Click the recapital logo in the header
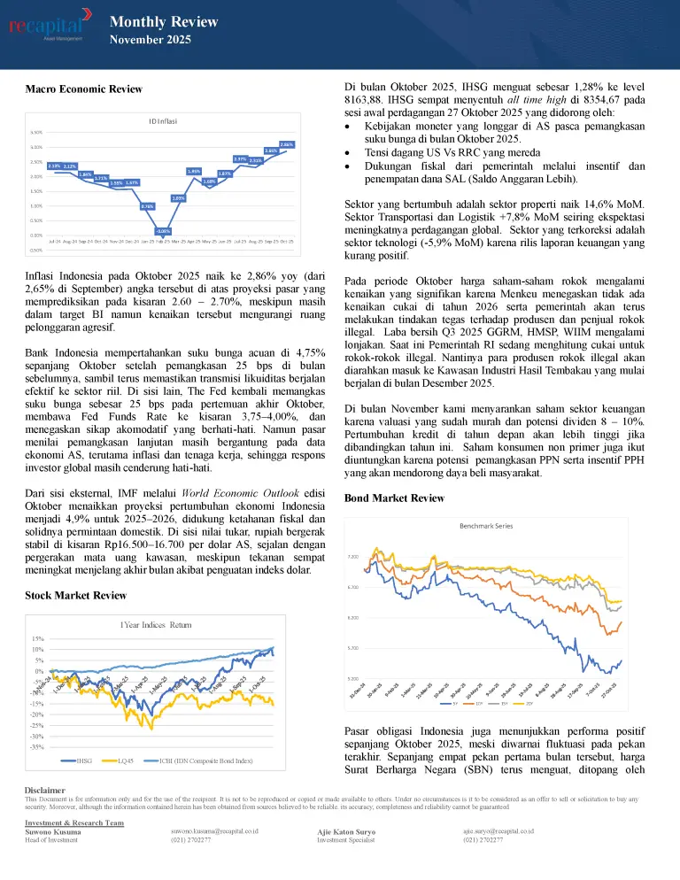[x=50, y=26]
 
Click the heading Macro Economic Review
[x=83, y=89]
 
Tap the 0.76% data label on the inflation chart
[x=147, y=206]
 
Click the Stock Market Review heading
[x=75, y=595]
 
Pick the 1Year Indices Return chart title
[x=156, y=625]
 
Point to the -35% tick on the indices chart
[x=38, y=747]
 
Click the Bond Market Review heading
[x=394, y=498]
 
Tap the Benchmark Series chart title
[x=485, y=525]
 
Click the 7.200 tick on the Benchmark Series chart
[x=352, y=558]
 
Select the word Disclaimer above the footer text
[x=45, y=790]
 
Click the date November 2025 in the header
[x=150, y=39]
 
